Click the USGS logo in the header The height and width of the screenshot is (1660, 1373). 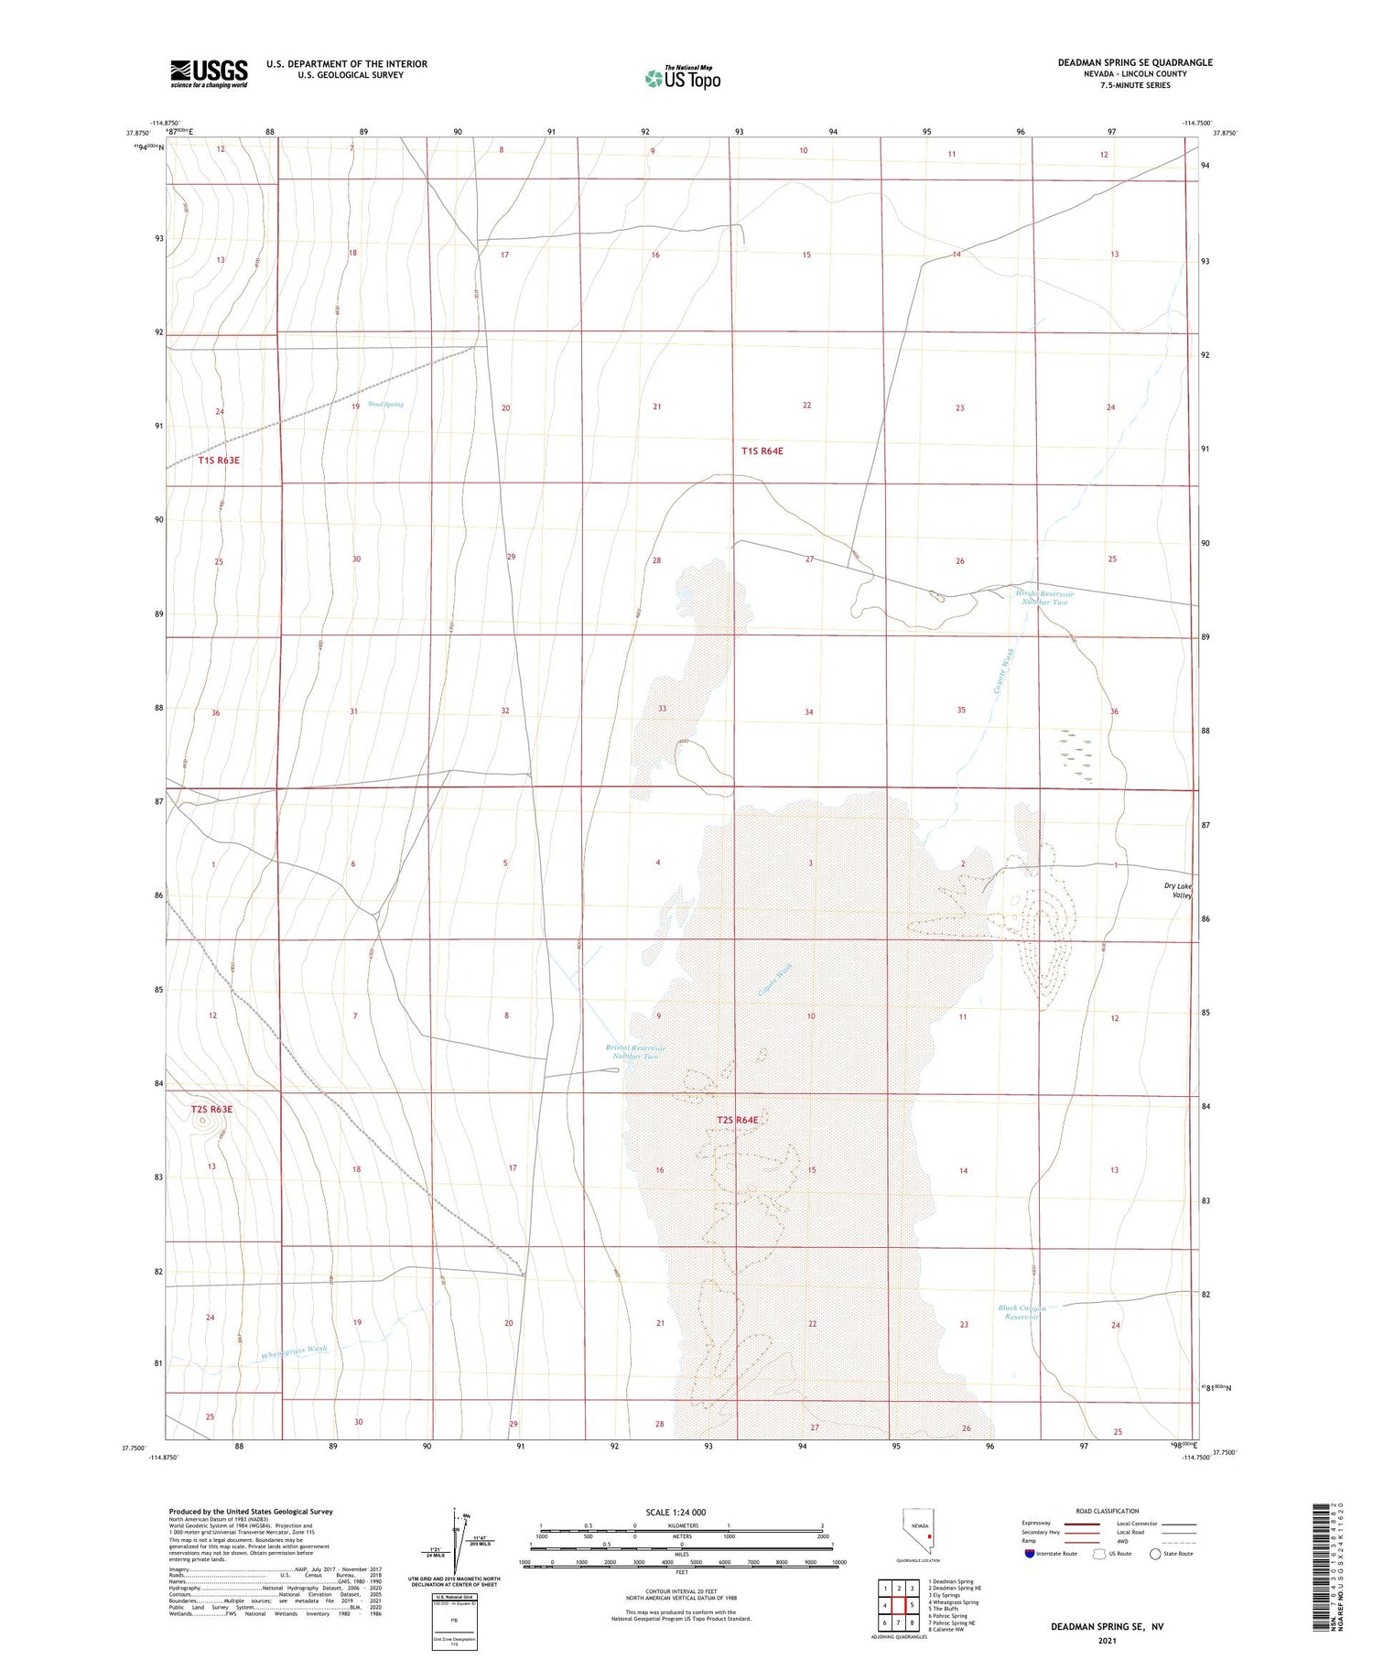[x=209, y=73]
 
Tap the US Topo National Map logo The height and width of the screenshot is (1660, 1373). [x=682, y=78]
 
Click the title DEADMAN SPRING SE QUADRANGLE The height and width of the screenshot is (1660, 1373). [x=1135, y=62]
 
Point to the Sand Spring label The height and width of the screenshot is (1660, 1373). [x=385, y=404]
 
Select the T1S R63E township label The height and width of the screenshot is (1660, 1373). [x=219, y=461]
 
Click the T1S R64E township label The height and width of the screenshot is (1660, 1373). [x=762, y=451]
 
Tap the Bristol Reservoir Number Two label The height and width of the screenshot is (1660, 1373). [x=635, y=1052]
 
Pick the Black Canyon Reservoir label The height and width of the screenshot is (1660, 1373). [x=1022, y=1312]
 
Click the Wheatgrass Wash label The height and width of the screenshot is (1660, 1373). [x=294, y=1352]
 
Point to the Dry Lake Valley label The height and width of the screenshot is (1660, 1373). [x=1178, y=891]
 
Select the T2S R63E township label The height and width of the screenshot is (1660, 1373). [x=211, y=1109]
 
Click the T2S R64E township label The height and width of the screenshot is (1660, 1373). [x=738, y=1120]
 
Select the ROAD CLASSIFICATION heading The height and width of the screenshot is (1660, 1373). [x=1107, y=1511]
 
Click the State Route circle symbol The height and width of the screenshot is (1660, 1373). [x=1155, y=1554]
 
